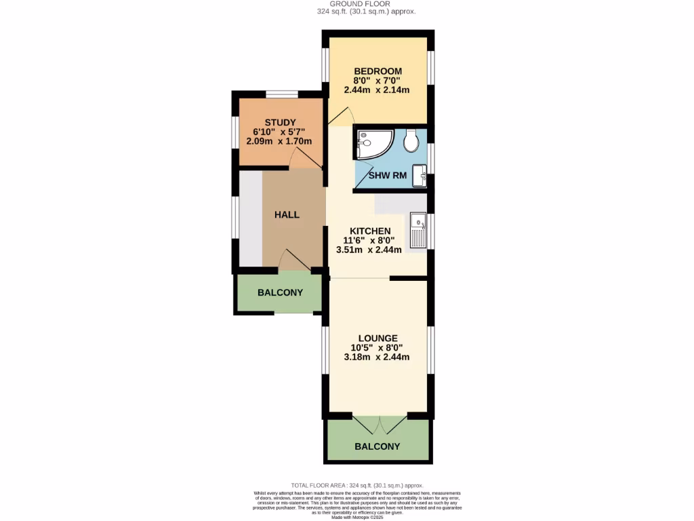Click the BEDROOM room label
pos(377,71)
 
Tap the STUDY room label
pos(280,122)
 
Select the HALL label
pos(287,214)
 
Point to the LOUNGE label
pos(377,338)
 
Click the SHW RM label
pos(388,176)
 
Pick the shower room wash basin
pos(422,176)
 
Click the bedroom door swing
pos(342,117)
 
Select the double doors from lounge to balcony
pos(379,425)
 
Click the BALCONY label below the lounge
pos(377,446)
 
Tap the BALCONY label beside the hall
pos(280,292)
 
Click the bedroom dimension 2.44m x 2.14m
pos(377,90)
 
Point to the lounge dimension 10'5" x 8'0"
pos(377,347)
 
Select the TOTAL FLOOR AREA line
pos(357,485)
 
